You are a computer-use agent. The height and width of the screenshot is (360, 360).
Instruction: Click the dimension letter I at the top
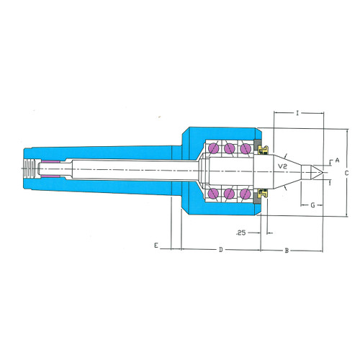coord(297,113)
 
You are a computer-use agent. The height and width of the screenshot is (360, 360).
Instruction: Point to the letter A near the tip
coord(337,160)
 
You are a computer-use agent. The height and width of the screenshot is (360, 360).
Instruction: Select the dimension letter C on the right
coord(346,173)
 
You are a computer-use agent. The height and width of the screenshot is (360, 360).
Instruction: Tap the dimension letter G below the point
coord(312,205)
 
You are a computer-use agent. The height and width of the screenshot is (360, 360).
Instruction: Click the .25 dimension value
coord(241,233)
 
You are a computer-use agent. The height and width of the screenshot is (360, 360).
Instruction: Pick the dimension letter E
coord(156,246)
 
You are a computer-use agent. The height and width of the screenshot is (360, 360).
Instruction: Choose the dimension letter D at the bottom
coord(221,250)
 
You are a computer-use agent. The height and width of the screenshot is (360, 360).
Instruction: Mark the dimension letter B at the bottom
coord(287,251)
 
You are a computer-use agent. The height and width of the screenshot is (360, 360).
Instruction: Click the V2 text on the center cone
coord(282,166)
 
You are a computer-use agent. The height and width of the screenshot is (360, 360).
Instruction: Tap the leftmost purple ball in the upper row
coord(213,148)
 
